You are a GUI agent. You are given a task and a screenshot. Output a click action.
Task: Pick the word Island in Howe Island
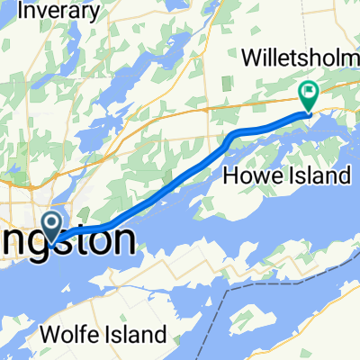[x=320, y=175]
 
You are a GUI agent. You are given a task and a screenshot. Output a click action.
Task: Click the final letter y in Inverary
[x=93, y=13]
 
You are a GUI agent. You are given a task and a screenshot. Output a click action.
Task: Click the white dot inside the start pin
[x=53, y=221]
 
